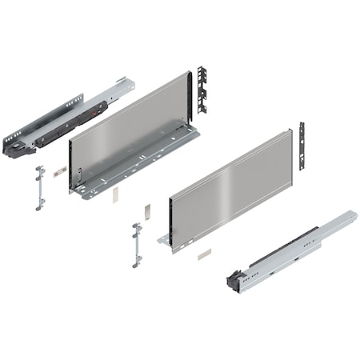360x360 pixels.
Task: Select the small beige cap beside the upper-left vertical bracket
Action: [58, 171]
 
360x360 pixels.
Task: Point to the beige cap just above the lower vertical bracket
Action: [146, 210]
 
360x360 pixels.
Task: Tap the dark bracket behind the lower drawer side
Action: [302, 145]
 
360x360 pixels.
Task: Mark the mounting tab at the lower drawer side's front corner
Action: [164, 238]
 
